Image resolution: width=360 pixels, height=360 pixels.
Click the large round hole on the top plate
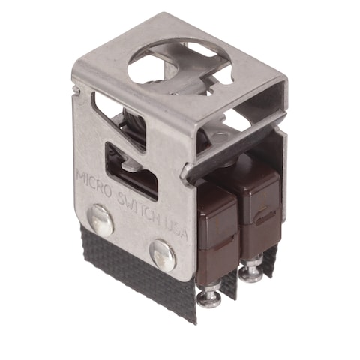[x=172, y=63]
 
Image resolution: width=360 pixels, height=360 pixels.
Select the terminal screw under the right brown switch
[x=252, y=268]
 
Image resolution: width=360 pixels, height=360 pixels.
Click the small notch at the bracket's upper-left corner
[x=78, y=91]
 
